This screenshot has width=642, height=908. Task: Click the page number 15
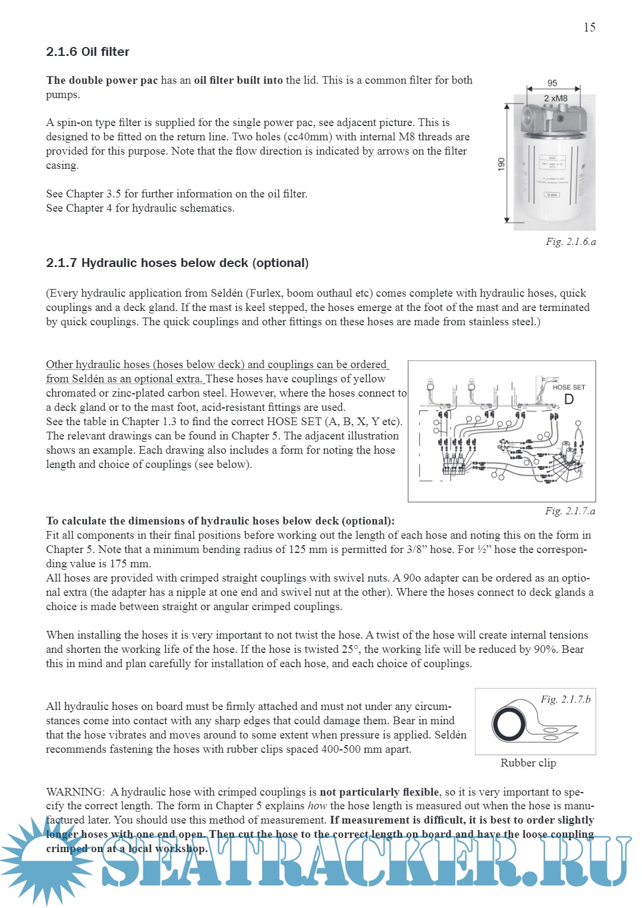(589, 27)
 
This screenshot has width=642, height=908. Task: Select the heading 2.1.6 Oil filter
(87, 52)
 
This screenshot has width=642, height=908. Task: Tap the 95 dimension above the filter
(552, 83)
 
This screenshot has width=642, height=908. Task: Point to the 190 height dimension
(501, 164)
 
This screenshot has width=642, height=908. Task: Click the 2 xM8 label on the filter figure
(555, 98)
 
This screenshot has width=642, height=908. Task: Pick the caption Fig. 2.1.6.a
(570, 242)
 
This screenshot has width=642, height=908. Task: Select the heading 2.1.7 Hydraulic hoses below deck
(177, 263)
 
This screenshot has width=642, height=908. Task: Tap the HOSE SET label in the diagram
(568, 387)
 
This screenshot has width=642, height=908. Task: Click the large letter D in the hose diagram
(569, 400)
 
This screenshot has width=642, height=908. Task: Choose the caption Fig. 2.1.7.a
(569, 511)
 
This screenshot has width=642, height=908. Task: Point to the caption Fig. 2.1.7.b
(565, 699)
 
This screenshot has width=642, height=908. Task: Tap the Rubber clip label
(528, 763)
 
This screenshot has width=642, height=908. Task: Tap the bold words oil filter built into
(238, 80)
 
